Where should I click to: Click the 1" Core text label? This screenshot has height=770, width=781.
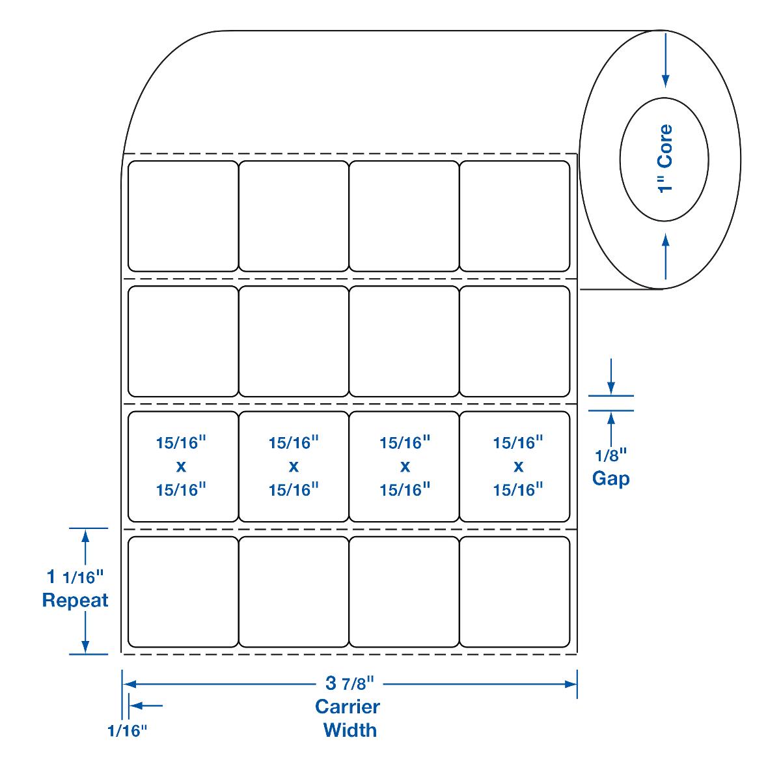coord(665,158)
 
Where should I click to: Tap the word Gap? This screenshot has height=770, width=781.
coord(610,479)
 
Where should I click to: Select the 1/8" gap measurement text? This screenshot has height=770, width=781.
coord(610,454)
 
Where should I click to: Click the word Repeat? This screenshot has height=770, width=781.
coord(75,600)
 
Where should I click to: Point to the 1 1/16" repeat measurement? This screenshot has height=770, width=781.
coord(75,577)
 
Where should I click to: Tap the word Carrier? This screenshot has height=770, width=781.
coord(348,706)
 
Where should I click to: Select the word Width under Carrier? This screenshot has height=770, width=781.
coord(349,730)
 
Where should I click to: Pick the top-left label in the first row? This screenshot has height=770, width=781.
coord(183,216)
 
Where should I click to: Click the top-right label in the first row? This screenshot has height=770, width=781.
coord(515,216)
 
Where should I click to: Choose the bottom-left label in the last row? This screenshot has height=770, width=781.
coord(183,592)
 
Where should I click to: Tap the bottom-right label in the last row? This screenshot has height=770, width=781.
coord(515,592)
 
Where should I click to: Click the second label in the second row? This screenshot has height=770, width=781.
coord(294,341)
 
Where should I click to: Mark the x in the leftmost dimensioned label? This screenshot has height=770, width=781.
coord(181,466)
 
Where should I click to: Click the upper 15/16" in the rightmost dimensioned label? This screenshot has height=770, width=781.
coord(518,443)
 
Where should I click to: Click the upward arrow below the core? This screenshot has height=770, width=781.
coord(665,244)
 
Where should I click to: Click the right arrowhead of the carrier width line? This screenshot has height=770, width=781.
coord(571,684)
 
